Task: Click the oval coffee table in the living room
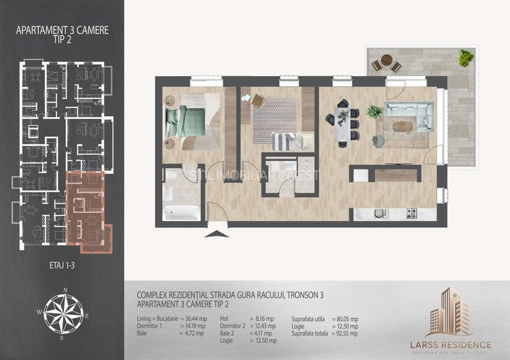coord(405,126)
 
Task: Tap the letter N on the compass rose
coord(65,290)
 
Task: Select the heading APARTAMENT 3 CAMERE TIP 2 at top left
coord(61,33)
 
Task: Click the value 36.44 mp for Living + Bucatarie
coord(193,318)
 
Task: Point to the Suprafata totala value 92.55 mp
coord(346,333)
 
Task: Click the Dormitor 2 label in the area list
coord(234,326)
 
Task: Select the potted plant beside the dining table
coord(374,113)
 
